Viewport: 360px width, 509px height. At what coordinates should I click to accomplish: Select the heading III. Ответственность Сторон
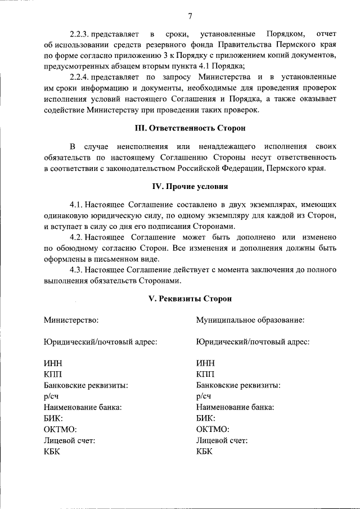pos(190,128)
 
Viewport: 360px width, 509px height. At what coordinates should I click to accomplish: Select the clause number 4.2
pos(76,238)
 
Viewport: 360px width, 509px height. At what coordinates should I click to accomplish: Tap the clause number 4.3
pos(76,271)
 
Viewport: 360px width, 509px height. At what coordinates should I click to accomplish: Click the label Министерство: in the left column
pos(71,320)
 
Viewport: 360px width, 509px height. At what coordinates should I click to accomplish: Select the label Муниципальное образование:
pos(250,320)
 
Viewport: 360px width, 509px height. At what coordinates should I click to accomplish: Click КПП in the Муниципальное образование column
pos(205,375)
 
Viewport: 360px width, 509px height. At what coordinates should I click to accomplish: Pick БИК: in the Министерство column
pos(53,418)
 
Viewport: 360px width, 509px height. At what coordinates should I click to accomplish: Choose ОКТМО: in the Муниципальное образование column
pos(213,429)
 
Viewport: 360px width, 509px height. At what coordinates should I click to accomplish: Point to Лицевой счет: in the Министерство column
pos(69,440)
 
